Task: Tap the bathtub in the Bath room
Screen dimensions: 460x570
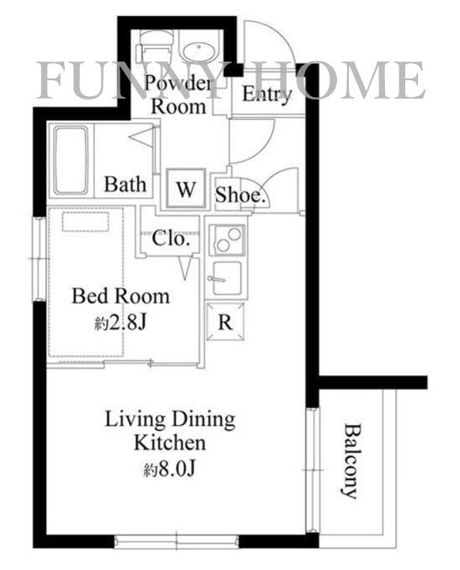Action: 71,160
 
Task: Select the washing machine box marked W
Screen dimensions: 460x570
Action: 186,188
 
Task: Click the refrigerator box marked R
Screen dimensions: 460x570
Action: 225,321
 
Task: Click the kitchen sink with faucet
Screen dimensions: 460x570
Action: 227,278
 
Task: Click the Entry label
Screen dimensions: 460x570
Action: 267,94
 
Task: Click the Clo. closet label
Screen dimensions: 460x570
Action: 171,239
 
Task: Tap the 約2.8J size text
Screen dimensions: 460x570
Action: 120,322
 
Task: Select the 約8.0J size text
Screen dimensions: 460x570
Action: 169,469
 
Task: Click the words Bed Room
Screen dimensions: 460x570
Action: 120,296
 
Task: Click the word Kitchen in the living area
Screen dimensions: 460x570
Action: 170,444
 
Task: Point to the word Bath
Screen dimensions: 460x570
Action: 126,184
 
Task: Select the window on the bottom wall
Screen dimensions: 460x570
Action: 177,541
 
